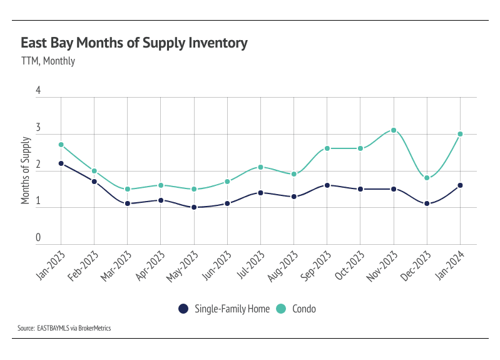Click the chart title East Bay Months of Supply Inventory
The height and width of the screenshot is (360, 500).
(x=134, y=43)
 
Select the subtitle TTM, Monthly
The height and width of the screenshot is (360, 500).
(x=48, y=61)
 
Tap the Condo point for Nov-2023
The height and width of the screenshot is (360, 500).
(x=394, y=130)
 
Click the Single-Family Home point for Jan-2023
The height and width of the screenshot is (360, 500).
(x=61, y=163)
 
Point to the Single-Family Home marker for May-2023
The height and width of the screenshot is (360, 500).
(x=194, y=207)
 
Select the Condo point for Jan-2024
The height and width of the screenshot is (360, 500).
(x=460, y=134)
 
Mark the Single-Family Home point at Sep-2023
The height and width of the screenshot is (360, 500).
(x=327, y=185)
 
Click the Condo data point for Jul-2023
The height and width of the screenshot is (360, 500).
(x=260, y=167)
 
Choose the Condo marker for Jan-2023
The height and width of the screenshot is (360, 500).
(x=61, y=145)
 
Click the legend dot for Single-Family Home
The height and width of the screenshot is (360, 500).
(x=183, y=308)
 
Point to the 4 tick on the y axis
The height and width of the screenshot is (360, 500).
(x=38, y=91)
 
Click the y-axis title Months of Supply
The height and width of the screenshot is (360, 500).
(x=26, y=172)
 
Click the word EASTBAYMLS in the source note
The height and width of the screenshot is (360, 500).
(x=54, y=327)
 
